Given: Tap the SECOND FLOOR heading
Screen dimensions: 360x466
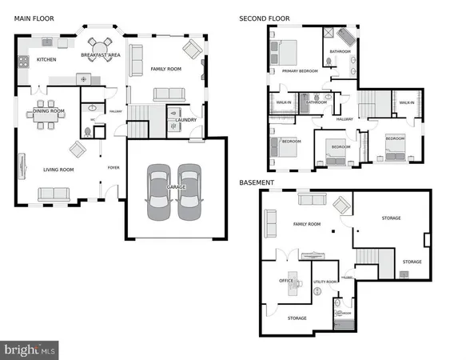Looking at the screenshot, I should tap(265, 18).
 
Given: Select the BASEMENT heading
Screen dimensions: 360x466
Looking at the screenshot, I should tap(257, 182).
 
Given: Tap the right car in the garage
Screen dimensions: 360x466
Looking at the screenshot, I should tap(189, 191).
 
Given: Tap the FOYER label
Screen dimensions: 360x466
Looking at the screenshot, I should tap(114, 167).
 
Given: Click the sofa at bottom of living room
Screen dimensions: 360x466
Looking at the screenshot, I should tap(53, 194).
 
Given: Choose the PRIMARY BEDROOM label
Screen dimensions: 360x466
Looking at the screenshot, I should tap(300, 70).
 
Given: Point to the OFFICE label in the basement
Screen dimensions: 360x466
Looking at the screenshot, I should tap(286, 281).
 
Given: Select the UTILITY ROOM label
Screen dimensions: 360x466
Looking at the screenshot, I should tap(325, 282).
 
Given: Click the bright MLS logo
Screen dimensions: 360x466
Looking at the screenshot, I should tap(30, 349).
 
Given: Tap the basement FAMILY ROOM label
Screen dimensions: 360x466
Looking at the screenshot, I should tap(308, 224).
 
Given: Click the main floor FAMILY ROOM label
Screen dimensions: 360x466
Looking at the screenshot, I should tap(166, 70).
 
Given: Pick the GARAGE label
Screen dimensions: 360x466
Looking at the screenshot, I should tap(176, 187).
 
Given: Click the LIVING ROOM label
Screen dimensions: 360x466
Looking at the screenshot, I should tap(58, 170).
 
